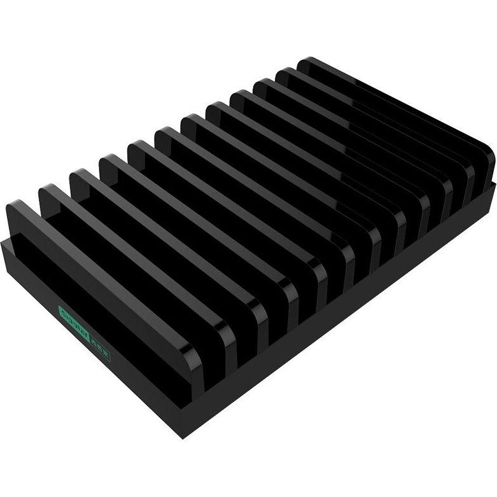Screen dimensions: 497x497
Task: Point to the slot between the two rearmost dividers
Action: tap(382, 118)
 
